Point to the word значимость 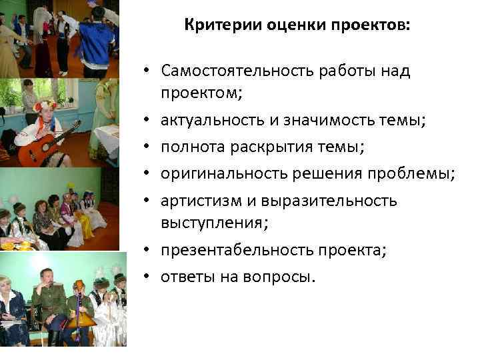(x=321, y=121)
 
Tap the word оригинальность (x=223, y=174)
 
